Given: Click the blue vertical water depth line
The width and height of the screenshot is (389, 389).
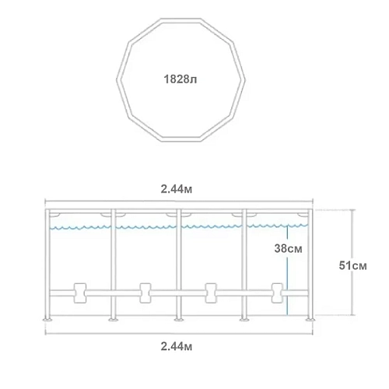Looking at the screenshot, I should (288, 272).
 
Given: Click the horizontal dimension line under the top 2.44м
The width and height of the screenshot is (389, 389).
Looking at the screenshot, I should (178, 199).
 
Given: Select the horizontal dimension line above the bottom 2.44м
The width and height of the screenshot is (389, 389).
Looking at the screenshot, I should (178, 333).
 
